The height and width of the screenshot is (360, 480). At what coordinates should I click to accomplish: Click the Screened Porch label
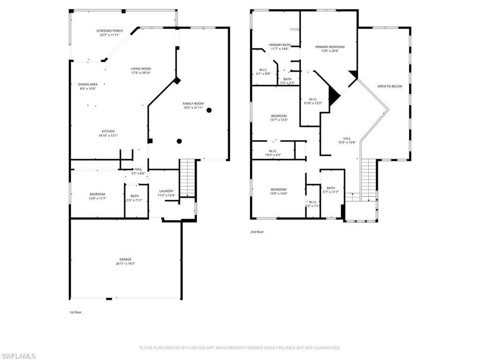click(110, 31)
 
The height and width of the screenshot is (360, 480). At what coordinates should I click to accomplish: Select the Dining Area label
click(88, 84)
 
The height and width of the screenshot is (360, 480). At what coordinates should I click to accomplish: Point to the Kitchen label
click(108, 131)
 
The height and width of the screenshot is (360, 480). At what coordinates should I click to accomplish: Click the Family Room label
click(193, 104)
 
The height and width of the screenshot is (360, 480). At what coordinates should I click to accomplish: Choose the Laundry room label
click(166, 191)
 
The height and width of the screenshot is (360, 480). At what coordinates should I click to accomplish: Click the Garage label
click(125, 259)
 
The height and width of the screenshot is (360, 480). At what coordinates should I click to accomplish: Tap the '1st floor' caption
click(75, 312)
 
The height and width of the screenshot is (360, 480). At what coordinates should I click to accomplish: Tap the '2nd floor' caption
click(257, 232)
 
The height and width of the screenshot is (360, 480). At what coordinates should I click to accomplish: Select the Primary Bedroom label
click(330, 47)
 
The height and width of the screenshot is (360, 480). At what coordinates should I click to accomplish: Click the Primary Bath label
click(279, 45)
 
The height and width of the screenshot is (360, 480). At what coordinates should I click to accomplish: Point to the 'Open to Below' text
click(390, 86)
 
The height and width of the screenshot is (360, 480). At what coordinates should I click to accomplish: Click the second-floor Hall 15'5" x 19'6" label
click(347, 139)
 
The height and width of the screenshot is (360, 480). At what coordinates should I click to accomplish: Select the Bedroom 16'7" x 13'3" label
click(278, 116)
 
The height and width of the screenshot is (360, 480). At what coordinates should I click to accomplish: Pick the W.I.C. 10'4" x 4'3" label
click(273, 151)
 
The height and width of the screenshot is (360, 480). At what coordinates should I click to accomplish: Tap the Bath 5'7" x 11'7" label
click(331, 188)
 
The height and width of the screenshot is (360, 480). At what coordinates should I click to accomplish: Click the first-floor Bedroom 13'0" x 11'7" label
click(97, 194)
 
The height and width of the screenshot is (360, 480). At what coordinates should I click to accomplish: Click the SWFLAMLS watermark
click(18, 356)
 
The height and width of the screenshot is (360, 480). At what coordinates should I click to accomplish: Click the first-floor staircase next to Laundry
click(187, 177)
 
